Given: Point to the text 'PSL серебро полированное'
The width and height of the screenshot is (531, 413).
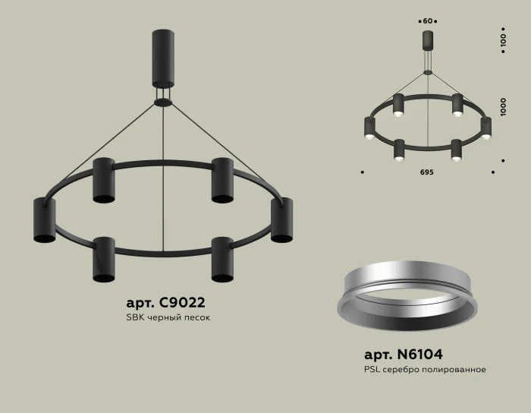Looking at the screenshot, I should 425,370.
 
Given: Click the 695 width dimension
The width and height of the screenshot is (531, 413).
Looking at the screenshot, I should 426,173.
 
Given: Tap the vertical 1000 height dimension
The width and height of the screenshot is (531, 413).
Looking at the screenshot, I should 502,106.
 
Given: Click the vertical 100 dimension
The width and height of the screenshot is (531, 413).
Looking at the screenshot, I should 502,41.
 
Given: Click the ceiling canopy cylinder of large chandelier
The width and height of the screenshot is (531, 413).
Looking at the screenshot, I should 162,60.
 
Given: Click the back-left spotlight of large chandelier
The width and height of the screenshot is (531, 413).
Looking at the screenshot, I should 103,181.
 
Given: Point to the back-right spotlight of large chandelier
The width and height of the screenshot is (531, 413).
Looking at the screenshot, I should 222,181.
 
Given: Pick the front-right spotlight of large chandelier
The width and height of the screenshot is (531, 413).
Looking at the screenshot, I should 222,260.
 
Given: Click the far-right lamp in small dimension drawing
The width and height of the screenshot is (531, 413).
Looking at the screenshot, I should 486,128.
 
